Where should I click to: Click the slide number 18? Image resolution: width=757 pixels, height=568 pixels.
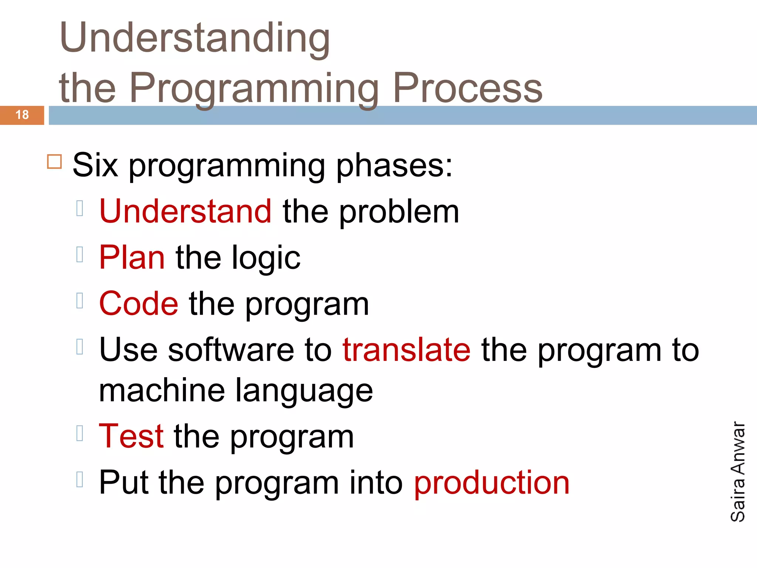tap(22, 115)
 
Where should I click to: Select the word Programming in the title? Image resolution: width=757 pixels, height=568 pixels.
tap(254, 89)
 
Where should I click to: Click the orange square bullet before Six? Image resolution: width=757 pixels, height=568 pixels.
tap(54, 162)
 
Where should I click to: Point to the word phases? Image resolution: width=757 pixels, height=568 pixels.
tap(394, 165)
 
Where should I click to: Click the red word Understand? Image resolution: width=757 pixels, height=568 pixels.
tap(186, 211)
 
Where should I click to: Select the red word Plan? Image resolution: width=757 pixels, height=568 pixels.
tap(132, 257)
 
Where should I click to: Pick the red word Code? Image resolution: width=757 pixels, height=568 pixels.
tap(139, 304)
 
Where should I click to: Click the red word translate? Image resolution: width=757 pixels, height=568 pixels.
tap(407, 350)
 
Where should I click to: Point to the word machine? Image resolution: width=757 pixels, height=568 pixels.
tap(162, 390)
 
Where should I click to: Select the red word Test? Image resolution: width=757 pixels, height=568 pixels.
tap(131, 436)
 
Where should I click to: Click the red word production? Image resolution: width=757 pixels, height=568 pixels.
tap(492, 483)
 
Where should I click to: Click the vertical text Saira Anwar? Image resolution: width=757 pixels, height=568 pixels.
tap(738, 471)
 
